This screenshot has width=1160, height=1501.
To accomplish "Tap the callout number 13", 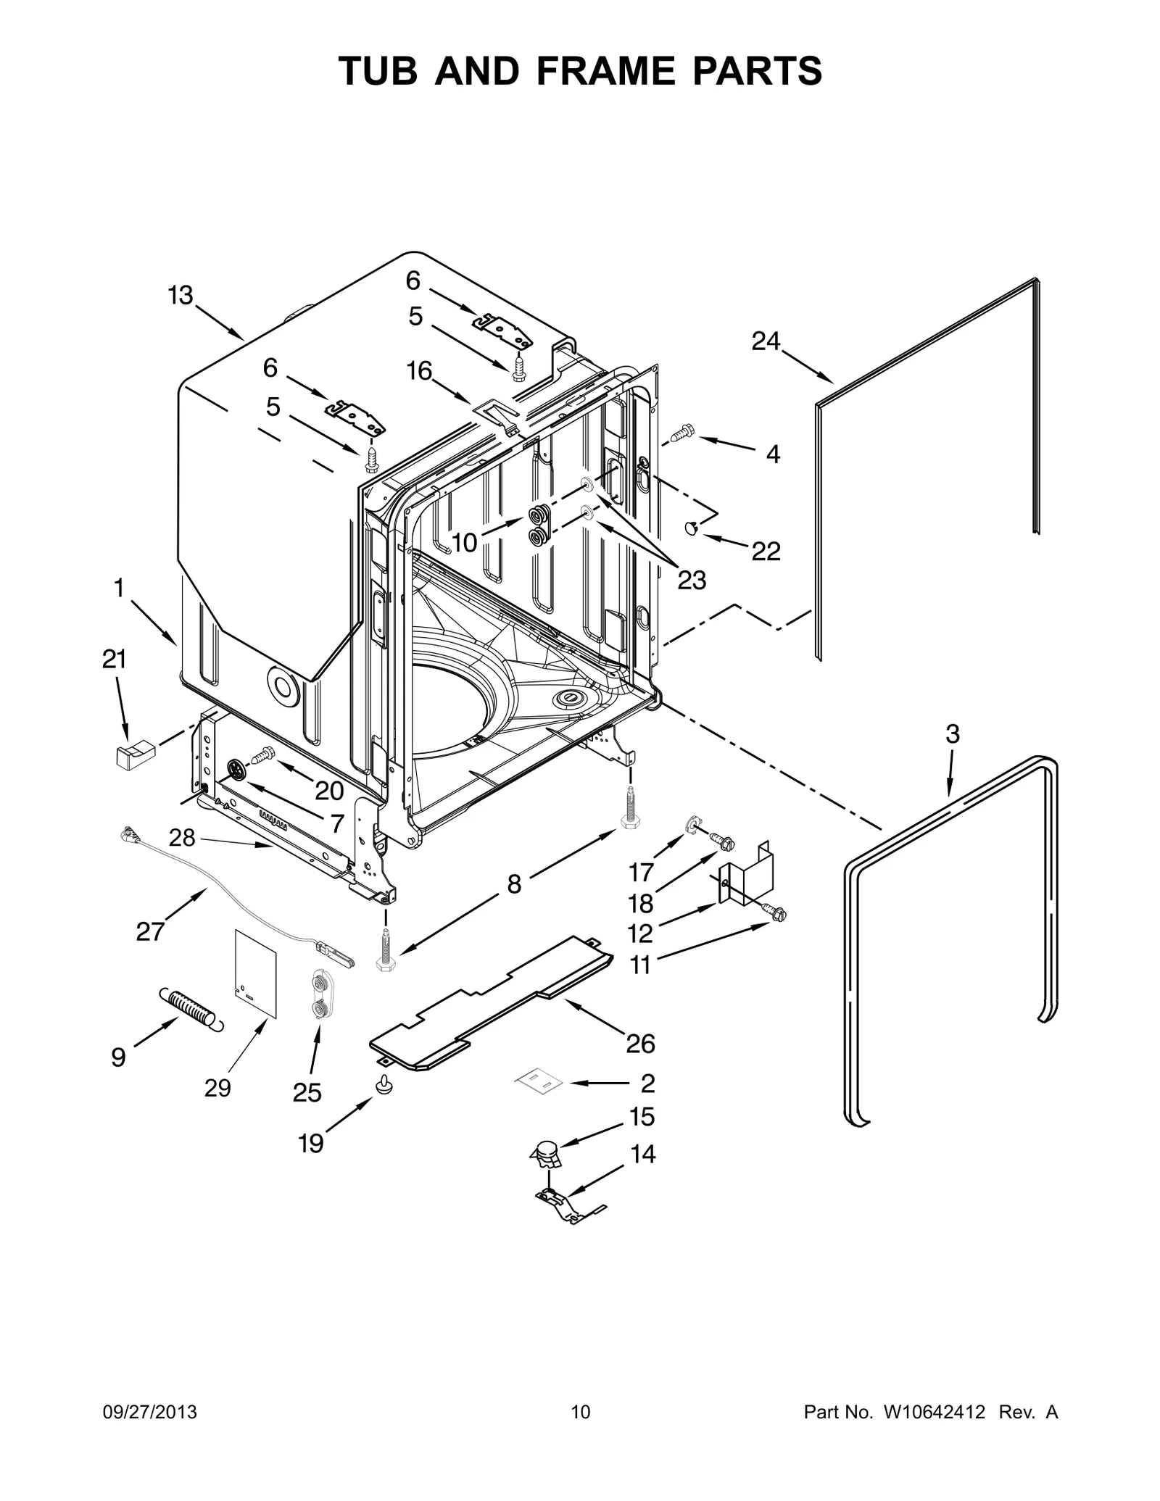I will (181, 296).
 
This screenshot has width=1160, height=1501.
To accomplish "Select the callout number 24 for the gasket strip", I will (765, 341).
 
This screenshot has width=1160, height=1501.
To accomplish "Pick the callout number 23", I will (691, 580).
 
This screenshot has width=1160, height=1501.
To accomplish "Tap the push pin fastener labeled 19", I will (384, 1086).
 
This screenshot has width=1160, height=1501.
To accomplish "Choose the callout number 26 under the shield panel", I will (640, 1044).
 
